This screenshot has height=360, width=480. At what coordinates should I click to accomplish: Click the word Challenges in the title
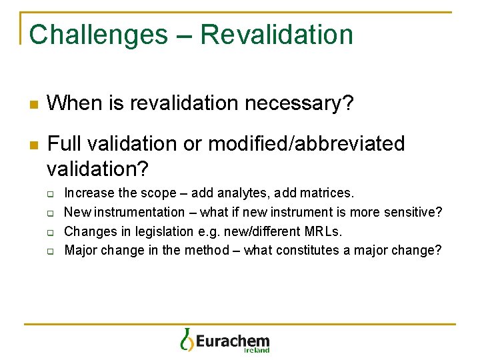click(98, 35)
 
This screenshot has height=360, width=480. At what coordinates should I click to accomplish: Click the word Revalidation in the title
click(277, 35)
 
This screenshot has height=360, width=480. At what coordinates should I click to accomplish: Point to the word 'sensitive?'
click(413, 213)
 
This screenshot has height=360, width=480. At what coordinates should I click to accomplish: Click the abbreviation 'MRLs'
click(325, 232)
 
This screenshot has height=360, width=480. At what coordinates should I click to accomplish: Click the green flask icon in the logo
click(186, 339)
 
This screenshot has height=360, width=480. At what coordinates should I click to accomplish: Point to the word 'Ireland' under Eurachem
click(257, 350)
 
